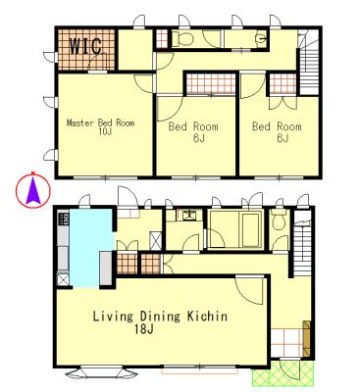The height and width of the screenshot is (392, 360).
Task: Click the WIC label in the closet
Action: tap(86, 46)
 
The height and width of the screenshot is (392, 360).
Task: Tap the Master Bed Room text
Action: tap(100, 123)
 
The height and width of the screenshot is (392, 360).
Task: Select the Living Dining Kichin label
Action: tap(160, 317)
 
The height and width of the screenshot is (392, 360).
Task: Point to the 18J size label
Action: tap(144, 329)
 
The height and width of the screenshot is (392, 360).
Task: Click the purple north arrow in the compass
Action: tap(33, 192)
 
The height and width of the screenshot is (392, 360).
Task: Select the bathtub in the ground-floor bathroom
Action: tap(251, 229)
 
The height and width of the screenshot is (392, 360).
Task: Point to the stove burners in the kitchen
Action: tap(63, 219)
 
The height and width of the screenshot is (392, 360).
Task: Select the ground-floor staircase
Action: tap(303, 243)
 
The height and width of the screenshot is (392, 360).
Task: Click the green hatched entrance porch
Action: tap(283, 373)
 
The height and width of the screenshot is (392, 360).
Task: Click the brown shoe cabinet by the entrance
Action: tap(307, 339)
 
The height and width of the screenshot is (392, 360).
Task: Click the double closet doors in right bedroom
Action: tap(283, 103)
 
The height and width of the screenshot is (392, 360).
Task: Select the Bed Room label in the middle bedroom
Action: tap(193, 126)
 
